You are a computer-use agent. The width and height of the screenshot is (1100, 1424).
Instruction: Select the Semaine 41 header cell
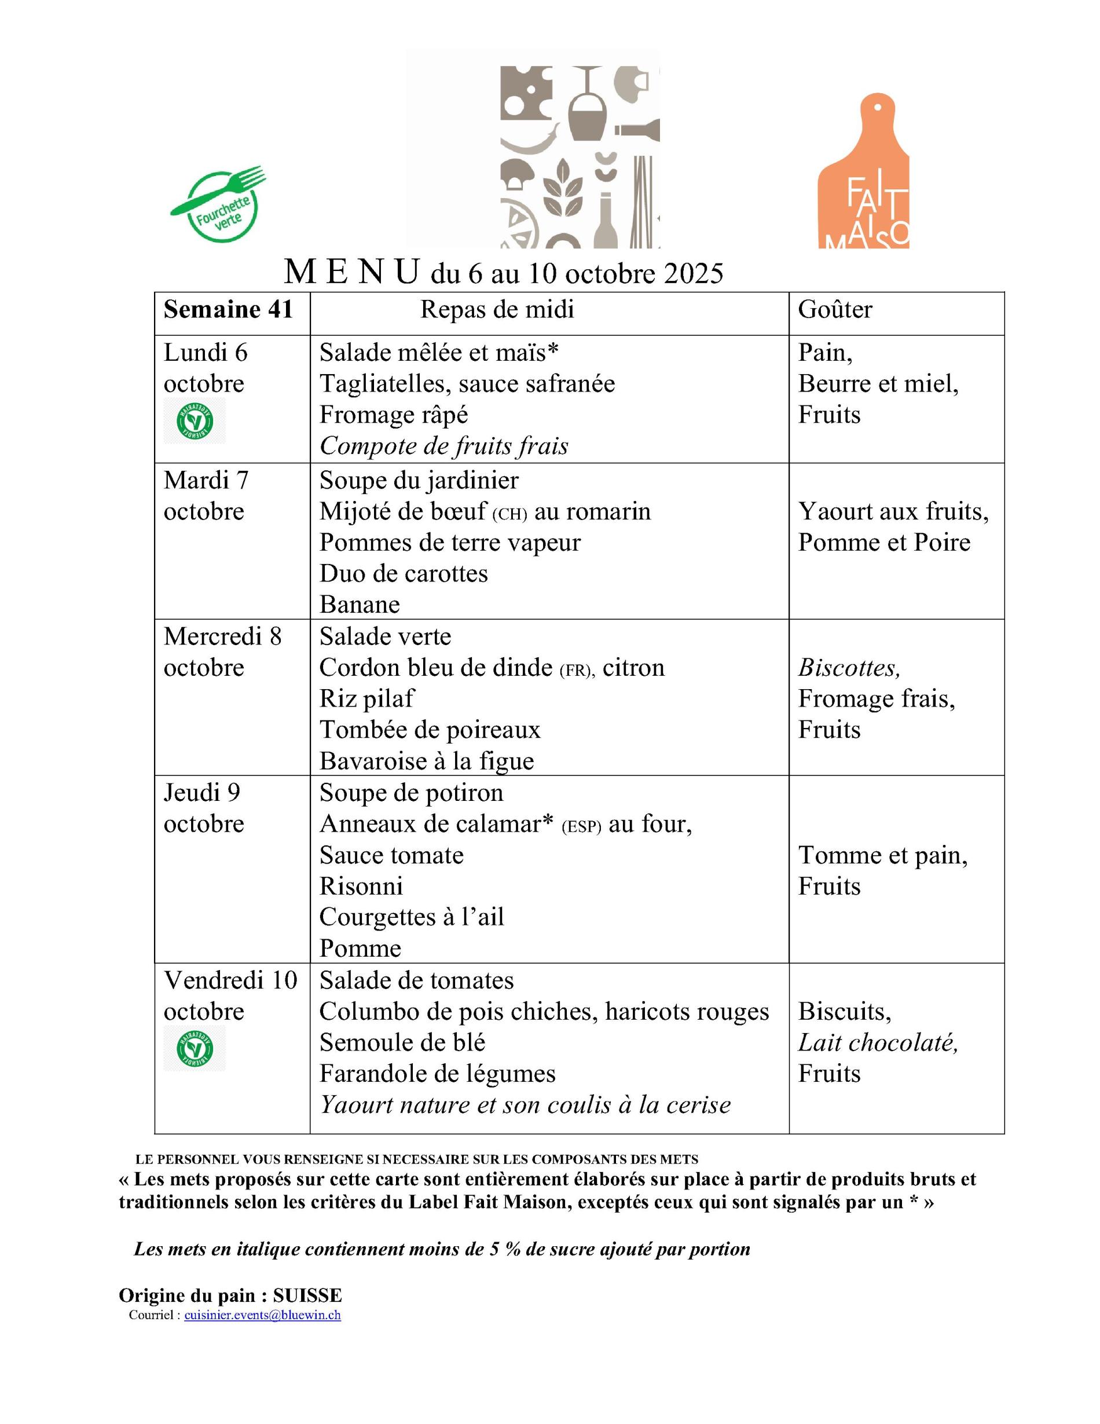[x=228, y=310]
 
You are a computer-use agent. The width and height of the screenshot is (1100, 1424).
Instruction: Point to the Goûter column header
[x=835, y=310]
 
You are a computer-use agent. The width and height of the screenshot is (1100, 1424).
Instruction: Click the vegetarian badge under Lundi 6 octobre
[x=194, y=420]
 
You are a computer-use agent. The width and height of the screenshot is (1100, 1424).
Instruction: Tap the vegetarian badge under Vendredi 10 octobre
[x=194, y=1048]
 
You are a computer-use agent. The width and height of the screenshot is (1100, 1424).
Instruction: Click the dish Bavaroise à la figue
[x=426, y=761]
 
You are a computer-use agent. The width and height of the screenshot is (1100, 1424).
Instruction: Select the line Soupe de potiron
[x=410, y=793]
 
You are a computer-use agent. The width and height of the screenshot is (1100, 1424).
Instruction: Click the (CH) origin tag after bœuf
[x=509, y=514]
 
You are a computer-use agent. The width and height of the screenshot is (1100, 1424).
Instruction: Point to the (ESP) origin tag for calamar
[x=581, y=827]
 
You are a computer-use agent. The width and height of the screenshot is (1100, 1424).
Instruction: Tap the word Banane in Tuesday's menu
[x=359, y=605]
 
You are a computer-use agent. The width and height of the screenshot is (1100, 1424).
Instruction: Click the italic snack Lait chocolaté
[x=877, y=1043]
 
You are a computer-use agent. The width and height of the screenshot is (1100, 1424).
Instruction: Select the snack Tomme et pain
[x=882, y=855]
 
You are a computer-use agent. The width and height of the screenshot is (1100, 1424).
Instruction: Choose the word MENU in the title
[x=351, y=273]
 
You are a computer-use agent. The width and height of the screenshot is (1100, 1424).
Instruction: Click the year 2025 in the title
[x=694, y=274]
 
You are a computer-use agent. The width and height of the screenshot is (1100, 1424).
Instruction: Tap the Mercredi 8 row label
[x=222, y=636]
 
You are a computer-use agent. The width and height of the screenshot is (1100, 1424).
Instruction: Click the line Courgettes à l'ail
[x=411, y=917]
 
